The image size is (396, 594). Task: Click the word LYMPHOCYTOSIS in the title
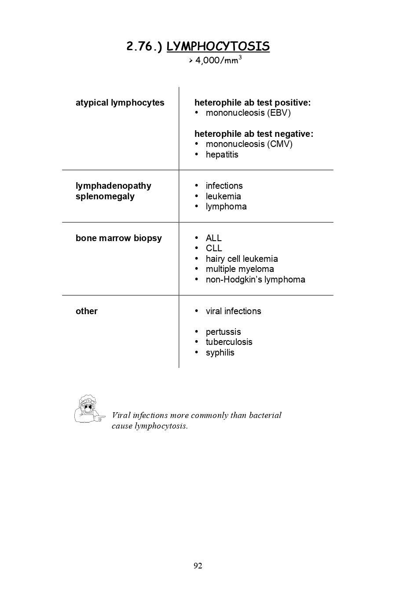218,47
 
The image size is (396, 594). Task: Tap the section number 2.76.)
144,47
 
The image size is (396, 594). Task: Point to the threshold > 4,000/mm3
215,60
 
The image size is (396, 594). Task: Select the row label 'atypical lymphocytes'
120,103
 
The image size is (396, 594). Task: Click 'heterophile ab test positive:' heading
253,103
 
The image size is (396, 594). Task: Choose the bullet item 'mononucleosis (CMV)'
249,144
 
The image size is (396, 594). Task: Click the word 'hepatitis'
222,154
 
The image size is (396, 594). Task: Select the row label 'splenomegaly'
105,196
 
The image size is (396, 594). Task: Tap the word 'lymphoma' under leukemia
226,206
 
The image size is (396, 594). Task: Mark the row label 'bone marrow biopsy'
119,238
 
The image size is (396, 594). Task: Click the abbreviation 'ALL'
213,238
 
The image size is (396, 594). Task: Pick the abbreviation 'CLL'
214,248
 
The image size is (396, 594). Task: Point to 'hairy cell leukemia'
242,259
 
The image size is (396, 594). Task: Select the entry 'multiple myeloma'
240,269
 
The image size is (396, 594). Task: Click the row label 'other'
87,311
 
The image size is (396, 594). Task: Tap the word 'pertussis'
223,332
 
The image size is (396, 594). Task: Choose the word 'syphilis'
220,352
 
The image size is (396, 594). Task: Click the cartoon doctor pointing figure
89,409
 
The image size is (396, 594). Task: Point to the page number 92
198,565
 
